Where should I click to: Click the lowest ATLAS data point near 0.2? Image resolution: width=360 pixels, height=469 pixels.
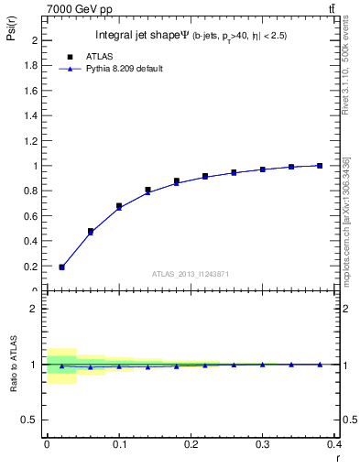coord(61,267)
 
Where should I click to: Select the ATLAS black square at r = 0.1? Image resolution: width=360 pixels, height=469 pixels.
coord(119,206)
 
